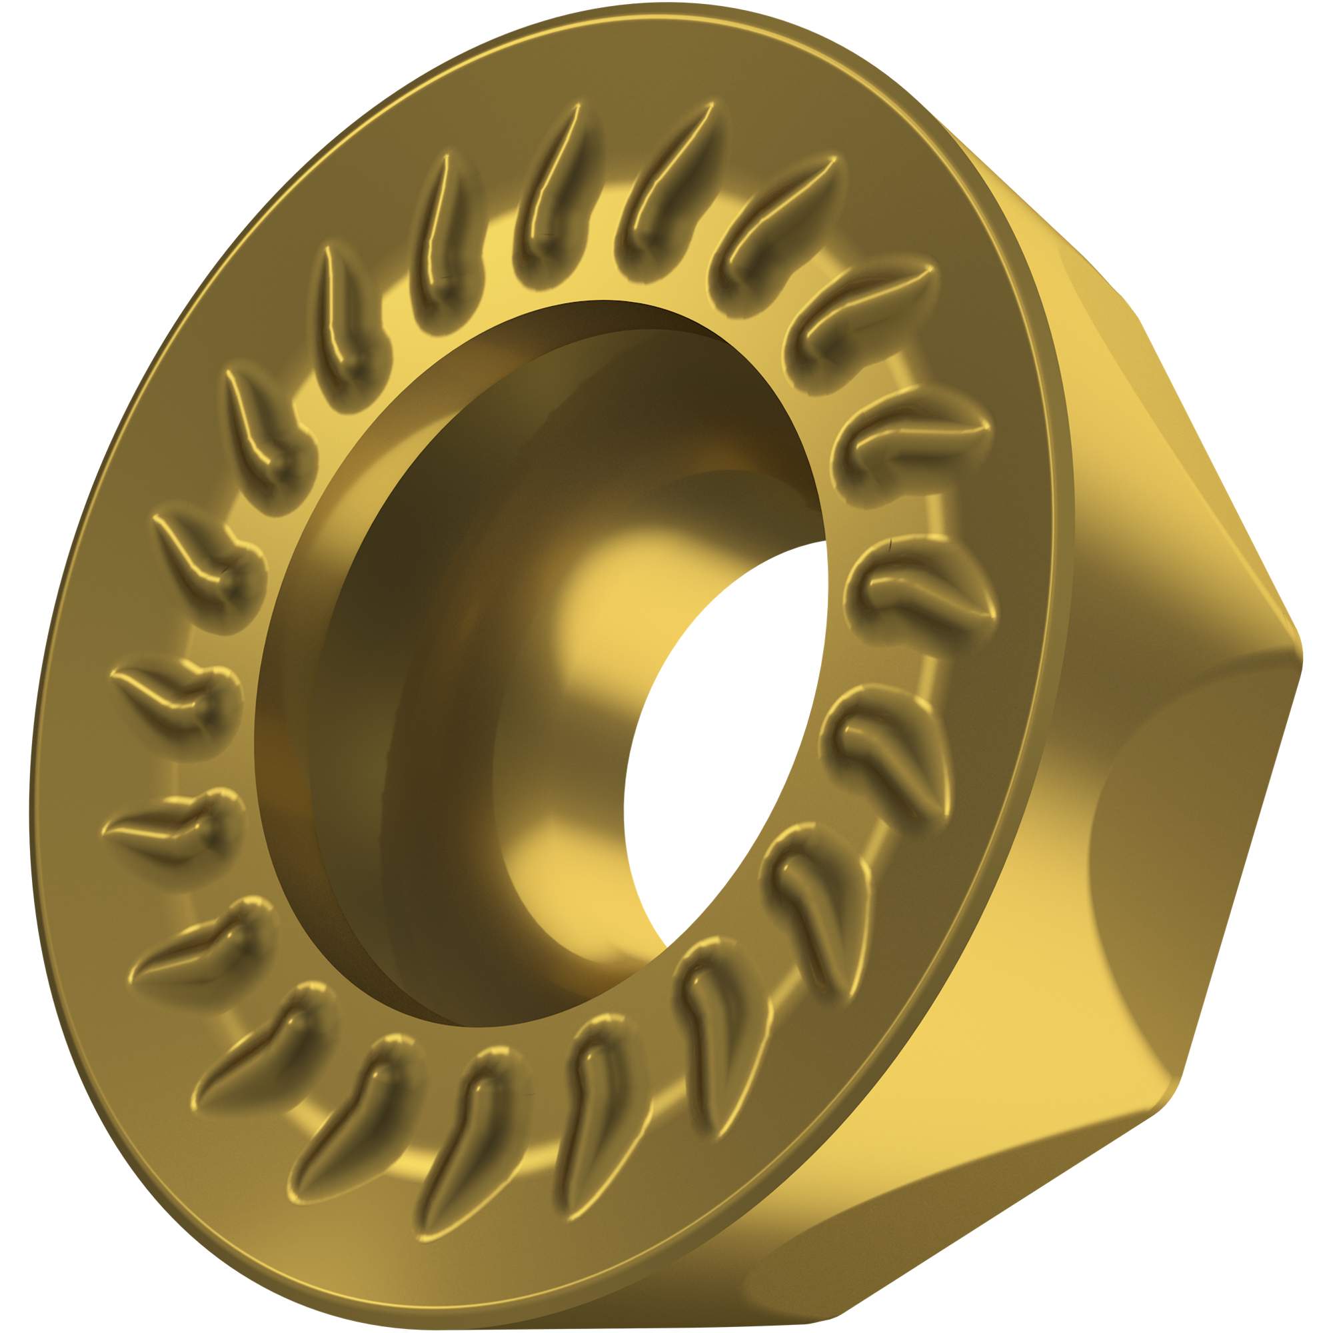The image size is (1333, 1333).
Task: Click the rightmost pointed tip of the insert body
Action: coord(1300,655)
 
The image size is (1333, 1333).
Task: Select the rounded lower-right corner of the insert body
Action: coord(1166,1097)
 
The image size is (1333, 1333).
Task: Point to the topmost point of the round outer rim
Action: coord(663,5)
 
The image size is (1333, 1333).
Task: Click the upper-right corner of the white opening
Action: coord(824,543)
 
